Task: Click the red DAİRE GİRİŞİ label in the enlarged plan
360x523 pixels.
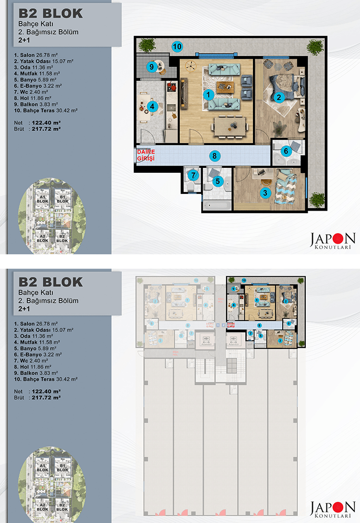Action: (x=145, y=155)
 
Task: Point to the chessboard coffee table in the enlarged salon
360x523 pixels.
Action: (x=223, y=86)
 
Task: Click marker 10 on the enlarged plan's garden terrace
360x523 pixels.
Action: (x=177, y=47)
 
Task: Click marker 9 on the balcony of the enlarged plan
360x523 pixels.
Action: (x=151, y=67)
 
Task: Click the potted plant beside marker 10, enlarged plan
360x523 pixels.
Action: (x=145, y=46)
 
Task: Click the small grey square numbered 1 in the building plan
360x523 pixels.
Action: (x=217, y=325)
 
